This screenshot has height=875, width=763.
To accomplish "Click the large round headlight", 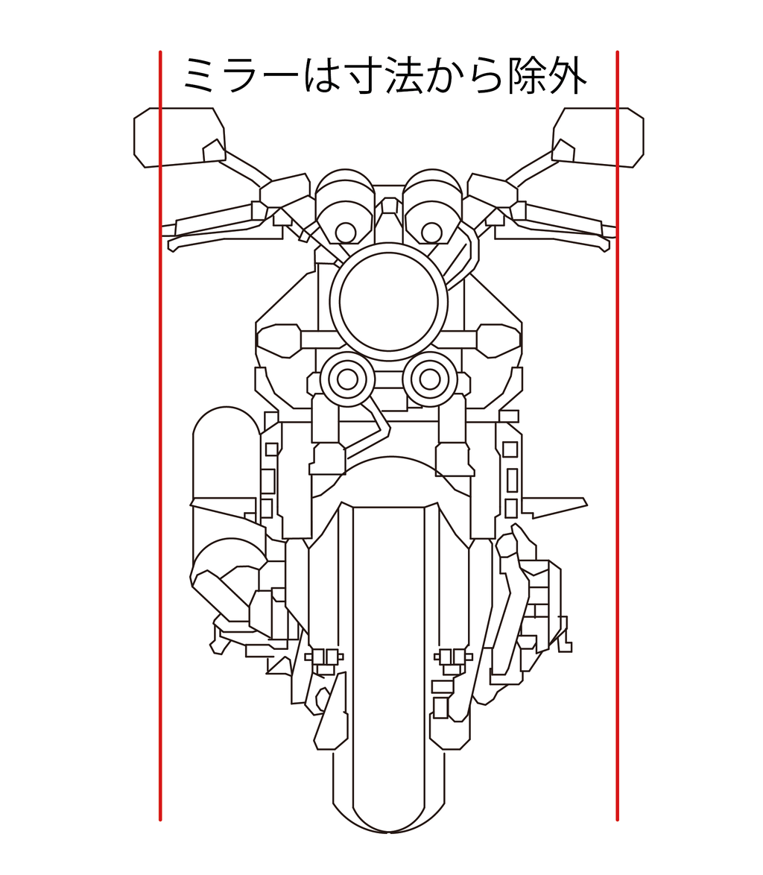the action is tap(388, 302).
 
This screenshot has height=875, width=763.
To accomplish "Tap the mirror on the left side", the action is tap(179, 137).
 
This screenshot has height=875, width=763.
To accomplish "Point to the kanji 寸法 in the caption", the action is tap(384, 75).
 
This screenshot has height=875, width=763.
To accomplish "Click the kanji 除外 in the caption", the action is tap(548, 75).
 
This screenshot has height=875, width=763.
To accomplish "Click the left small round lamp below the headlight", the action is tap(347, 379).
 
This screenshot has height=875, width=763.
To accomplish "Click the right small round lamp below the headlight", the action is tap(430, 379).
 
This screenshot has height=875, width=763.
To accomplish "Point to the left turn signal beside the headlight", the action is tap(279, 341).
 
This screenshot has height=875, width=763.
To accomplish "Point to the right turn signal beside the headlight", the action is tap(498, 341).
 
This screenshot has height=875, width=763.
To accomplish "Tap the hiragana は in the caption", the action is tap(323, 75).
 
